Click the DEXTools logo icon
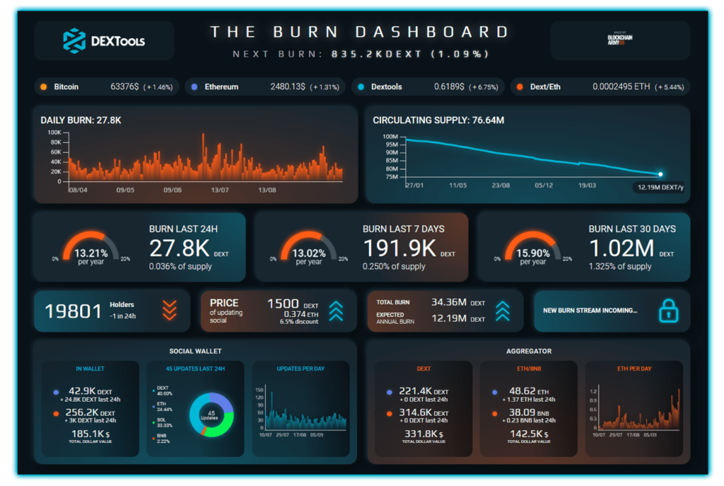point(74,40)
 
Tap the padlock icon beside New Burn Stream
point(668,310)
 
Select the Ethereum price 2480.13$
point(288,87)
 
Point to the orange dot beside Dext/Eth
point(520,87)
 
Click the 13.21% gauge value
point(90,253)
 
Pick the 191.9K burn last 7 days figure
point(399,248)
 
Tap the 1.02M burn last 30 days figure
point(621,248)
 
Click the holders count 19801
point(74,311)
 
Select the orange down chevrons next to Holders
point(169,310)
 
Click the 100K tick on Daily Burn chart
point(54,132)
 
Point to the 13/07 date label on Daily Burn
point(220,190)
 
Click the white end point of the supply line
point(660,174)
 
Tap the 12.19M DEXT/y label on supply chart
point(660,187)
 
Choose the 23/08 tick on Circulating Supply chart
point(501,185)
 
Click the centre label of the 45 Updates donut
point(211,415)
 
